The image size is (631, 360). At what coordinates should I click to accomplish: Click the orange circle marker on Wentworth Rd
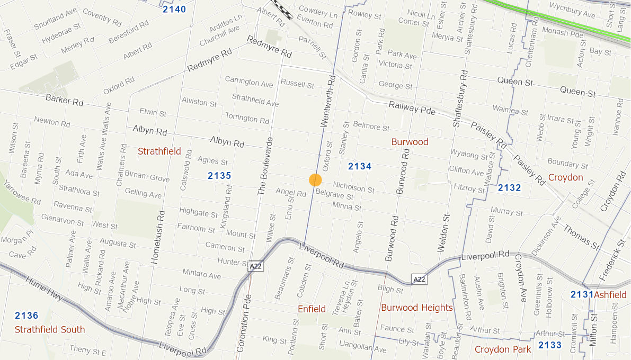tap(315, 180)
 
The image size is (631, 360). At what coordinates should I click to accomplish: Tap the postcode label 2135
tap(219, 175)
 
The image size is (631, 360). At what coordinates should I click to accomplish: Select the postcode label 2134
tap(360, 166)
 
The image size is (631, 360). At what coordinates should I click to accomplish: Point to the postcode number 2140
tap(174, 9)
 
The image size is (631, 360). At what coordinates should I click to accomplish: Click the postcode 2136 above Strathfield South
tap(26, 316)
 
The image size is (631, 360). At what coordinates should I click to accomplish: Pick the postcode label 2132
tap(509, 187)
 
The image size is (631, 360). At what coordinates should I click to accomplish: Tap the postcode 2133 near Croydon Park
tap(550, 345)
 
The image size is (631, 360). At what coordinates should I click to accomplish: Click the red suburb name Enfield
tap(312, 309)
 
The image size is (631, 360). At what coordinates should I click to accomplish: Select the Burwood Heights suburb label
tap(417, 308)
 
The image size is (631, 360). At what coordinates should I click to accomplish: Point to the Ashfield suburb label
tap(610, 294)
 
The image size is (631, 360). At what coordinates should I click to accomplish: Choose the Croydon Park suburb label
tap(503, 349)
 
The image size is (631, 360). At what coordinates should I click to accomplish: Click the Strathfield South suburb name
tap(50, 329)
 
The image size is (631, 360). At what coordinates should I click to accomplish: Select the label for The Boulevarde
tap(265, 167)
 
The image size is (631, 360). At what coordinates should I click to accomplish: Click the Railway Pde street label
tap(412, 108)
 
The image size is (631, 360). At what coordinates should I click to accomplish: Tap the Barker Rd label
tap(65, 100)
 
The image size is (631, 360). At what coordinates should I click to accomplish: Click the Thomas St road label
tap(581, 237)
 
